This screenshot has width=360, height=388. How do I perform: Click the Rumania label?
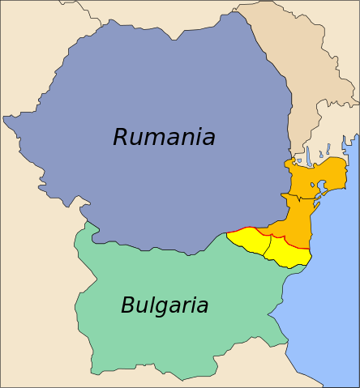tap(164, 137)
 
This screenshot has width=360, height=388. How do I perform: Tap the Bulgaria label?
tap(165, 305)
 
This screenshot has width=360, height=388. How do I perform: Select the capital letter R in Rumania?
tap(122, 137)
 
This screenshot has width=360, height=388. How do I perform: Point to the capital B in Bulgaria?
tap(128, 305)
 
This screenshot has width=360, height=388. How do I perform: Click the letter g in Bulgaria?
tap(161, 308)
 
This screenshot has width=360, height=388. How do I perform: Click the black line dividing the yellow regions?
tap(267, 243)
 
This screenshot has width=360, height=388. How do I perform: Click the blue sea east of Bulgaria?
tap(324, 308)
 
